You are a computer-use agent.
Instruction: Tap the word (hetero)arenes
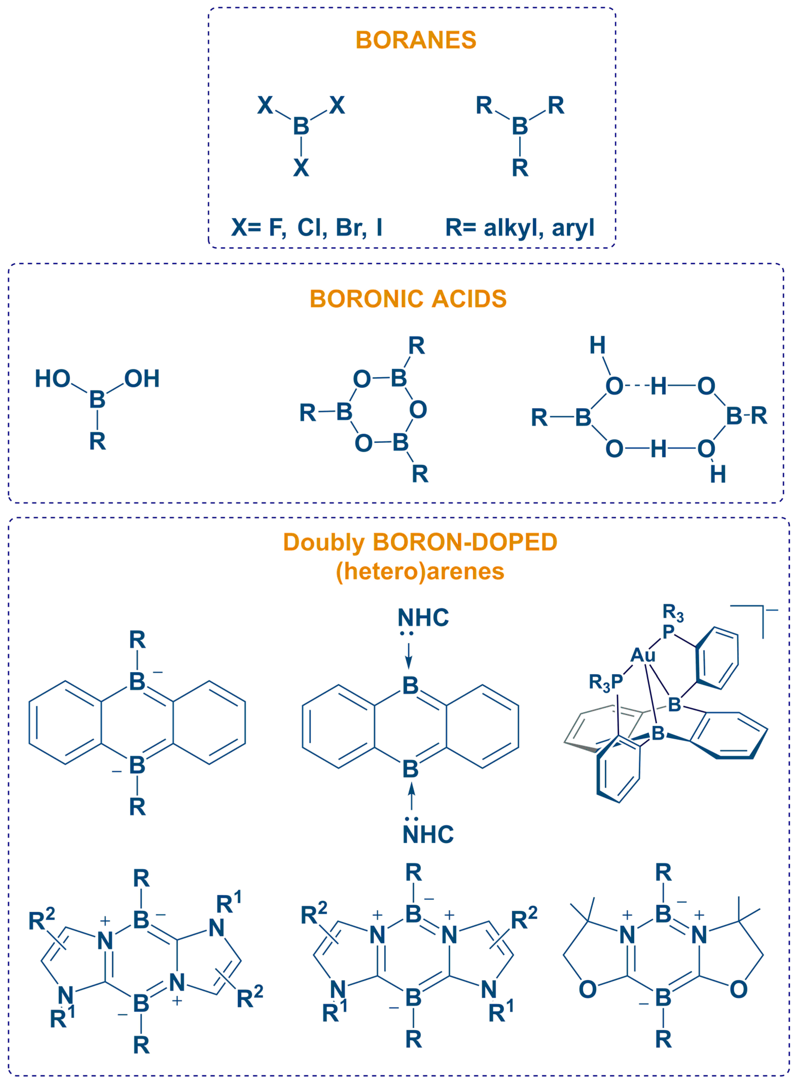[420, 572]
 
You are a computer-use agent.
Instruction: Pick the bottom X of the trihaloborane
[301, 168]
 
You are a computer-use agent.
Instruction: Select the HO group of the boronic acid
[52, 379]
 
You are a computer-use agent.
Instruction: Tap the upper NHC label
[423, 618]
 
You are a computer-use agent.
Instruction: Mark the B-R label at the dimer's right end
[746, 416]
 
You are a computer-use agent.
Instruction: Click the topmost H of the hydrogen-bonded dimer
[597, 345]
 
